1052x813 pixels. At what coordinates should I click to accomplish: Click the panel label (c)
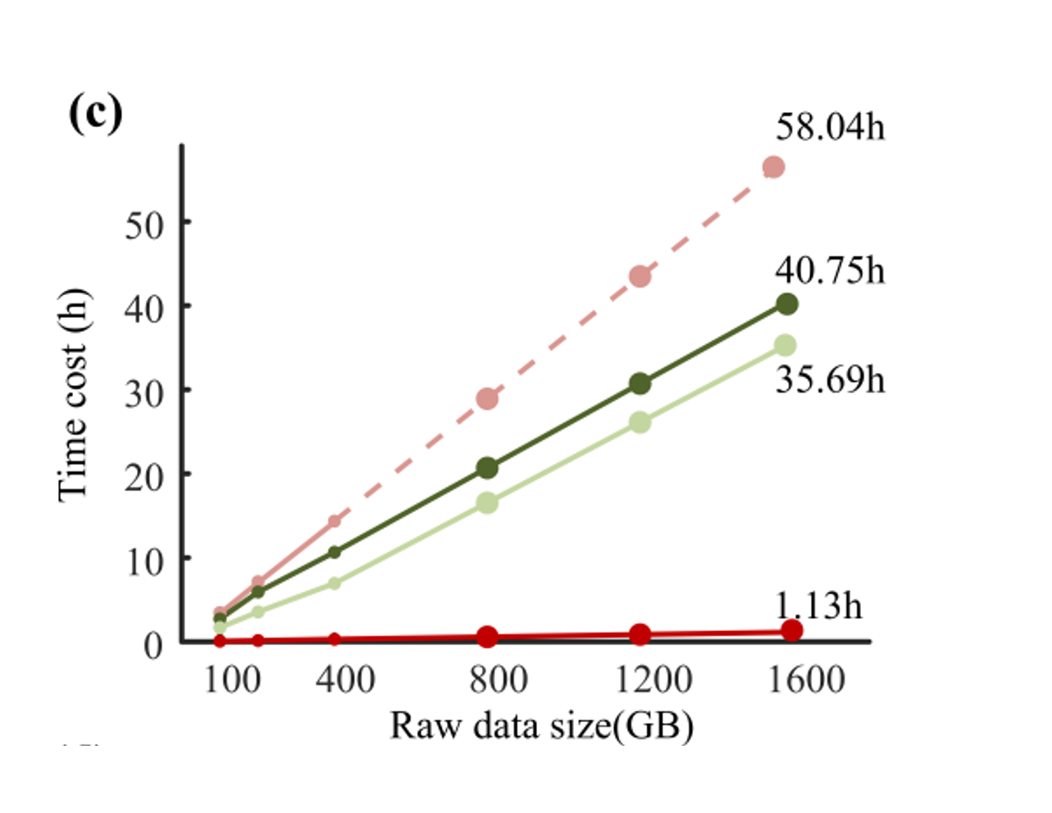pyautogui.click(x=96, y=113)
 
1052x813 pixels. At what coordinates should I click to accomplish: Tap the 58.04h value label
pyautogui.click(x=830, y=127)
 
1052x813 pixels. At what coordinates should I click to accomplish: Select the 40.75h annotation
pyautogui.click(x=830, y=270)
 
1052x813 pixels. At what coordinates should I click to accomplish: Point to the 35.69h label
pyautogui.click(x=830, y=379)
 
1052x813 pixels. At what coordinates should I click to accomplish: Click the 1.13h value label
pyautogui.click(x=818, y=606)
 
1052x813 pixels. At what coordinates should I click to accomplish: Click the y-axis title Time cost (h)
pyautogui.click(x=73, y=395)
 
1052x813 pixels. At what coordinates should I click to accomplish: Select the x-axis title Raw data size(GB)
pyautogui.click(x=541, y=726)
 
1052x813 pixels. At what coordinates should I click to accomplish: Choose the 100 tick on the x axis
pyautogui.click(x=231, y=679)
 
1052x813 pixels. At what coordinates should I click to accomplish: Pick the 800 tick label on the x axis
pyautogui.click(x=498, y=679)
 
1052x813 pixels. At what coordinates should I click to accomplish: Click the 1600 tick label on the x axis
pyautogui.click(x=805, y=679)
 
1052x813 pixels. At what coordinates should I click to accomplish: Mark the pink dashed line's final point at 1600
pyautogui.click(x=773, y=167)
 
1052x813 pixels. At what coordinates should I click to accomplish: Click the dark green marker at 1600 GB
pyautogui.click(x=786, y=304)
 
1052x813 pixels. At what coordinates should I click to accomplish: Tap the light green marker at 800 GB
pyautogui.click(x=487, y=502)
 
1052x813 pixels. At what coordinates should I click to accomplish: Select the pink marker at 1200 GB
pyautogui.click(x=640, y=276)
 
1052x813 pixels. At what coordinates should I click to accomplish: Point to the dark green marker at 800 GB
pyautogui.click(x=487, y=468)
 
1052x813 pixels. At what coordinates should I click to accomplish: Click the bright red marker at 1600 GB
pyautogui.click(x=791, y=630)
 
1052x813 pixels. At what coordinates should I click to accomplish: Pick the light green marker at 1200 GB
pyautogui.click(x=640, y=422)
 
